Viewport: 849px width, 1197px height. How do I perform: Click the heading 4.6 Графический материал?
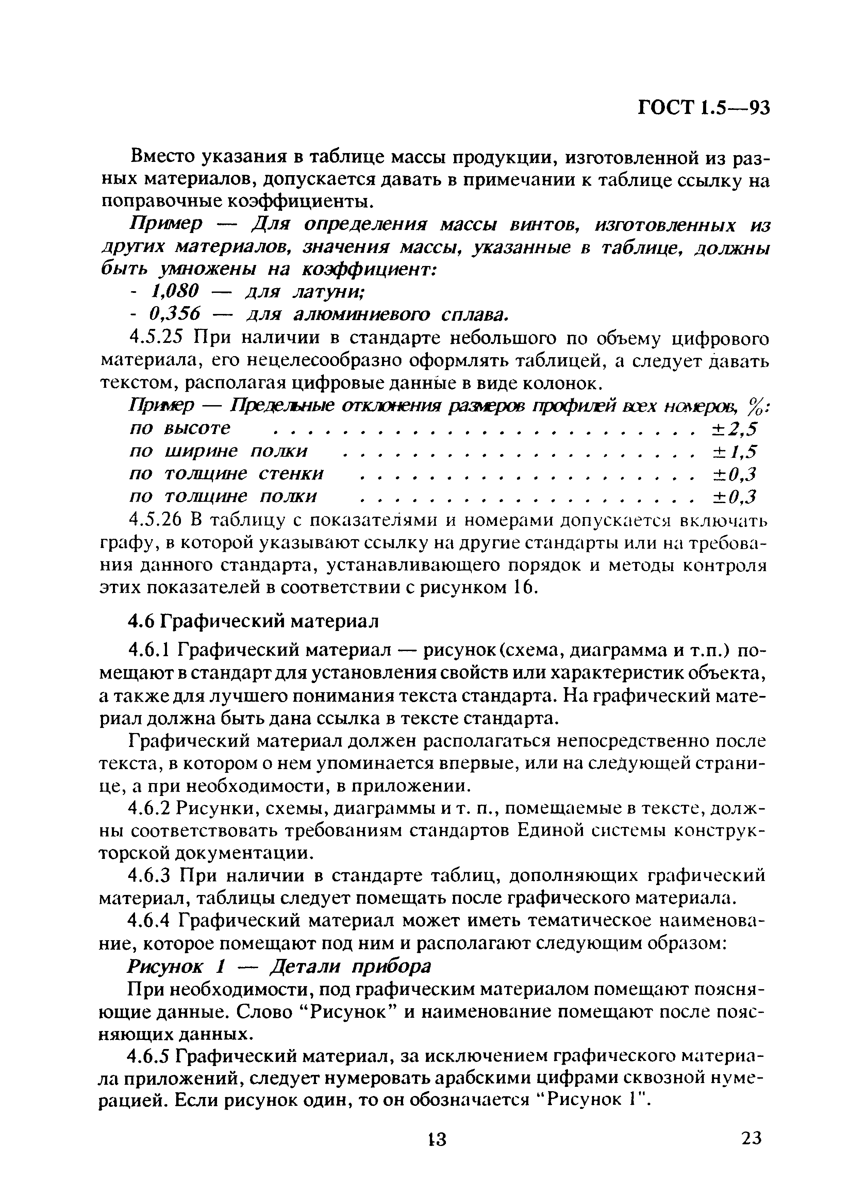click(x=253, y=621)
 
